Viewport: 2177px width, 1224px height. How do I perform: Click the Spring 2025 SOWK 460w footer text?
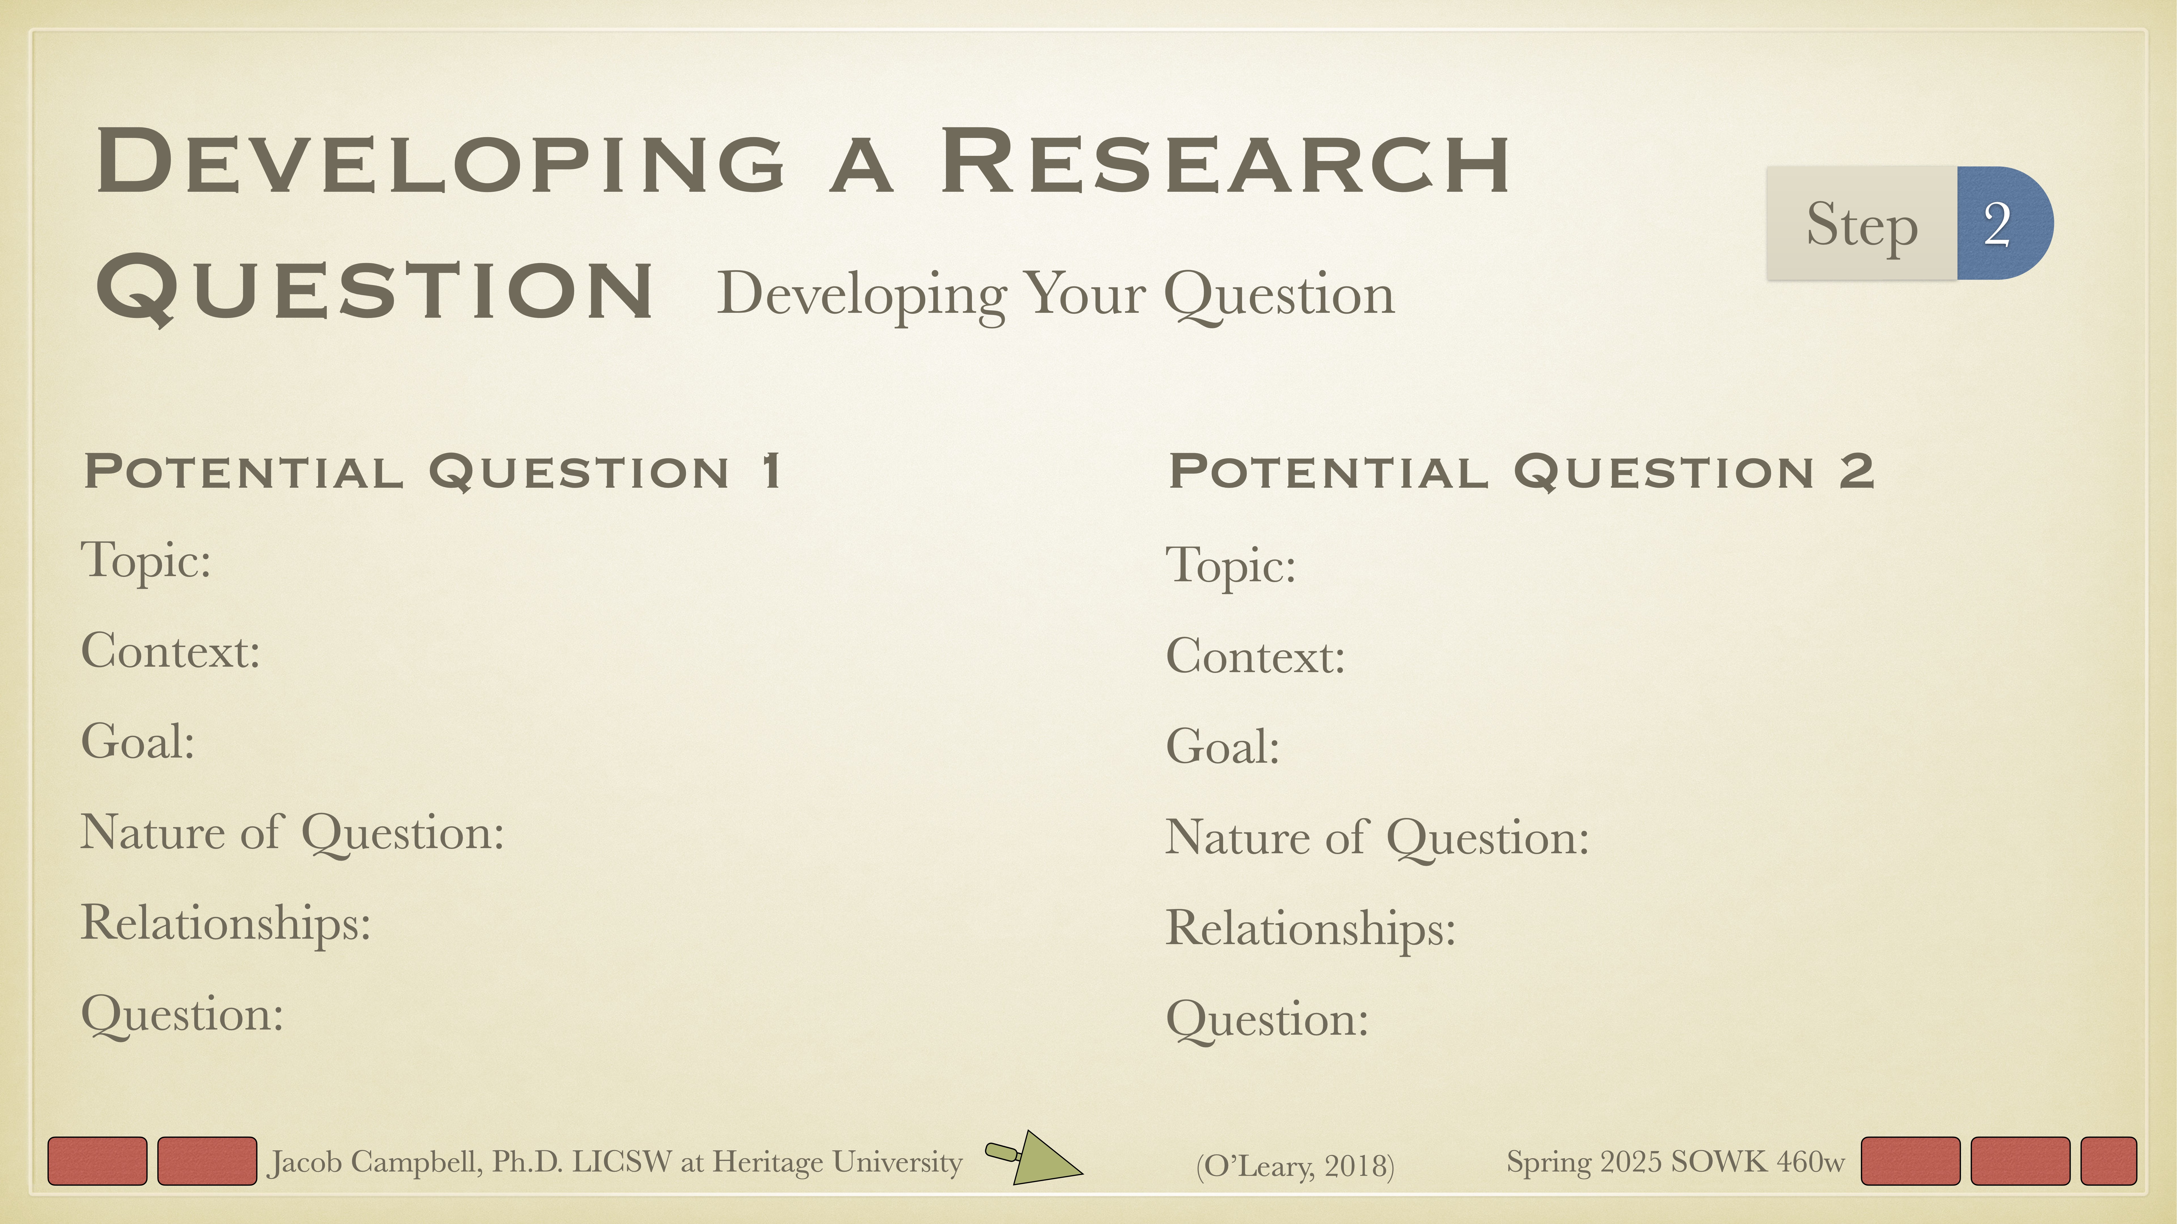(1675, 1161)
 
